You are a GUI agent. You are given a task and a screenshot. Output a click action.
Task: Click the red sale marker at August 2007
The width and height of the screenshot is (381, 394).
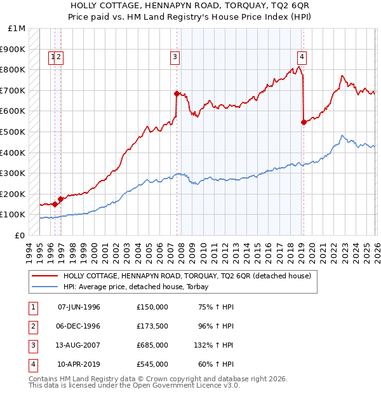177,93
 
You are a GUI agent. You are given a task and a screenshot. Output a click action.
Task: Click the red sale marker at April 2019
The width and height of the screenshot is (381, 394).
304,123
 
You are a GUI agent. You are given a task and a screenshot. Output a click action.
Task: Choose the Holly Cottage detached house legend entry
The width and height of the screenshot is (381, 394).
187,276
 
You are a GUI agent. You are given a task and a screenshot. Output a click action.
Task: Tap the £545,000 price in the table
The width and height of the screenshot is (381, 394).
152,364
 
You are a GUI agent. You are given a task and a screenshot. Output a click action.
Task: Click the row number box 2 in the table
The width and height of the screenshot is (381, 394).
31,326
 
